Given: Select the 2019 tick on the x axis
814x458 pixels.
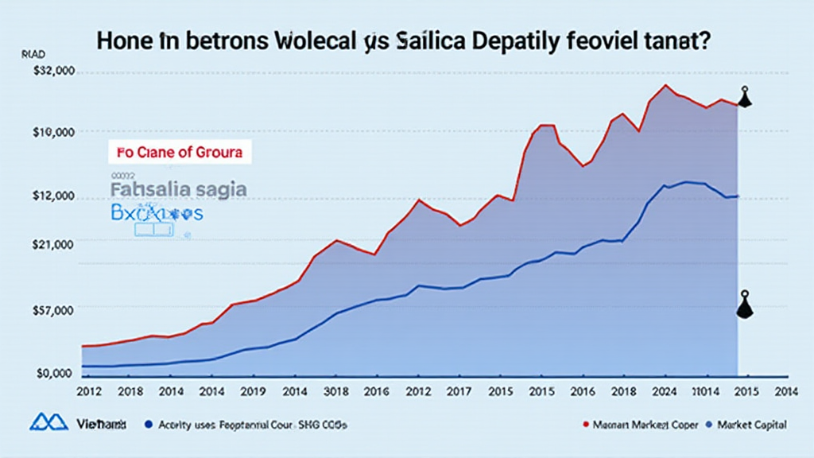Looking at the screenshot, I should [x=253, y=391].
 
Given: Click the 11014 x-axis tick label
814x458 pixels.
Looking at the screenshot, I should [x=701, y=391].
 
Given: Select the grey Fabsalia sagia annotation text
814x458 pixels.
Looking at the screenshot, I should [x=179, y=190].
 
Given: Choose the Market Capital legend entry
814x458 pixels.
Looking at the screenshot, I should [x=746, y=425].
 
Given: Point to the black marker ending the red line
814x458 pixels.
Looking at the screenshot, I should [x=744, y=98].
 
